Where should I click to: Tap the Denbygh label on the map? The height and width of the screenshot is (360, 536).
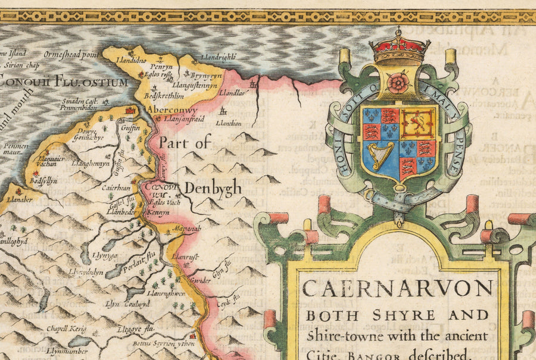pos(213,189)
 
